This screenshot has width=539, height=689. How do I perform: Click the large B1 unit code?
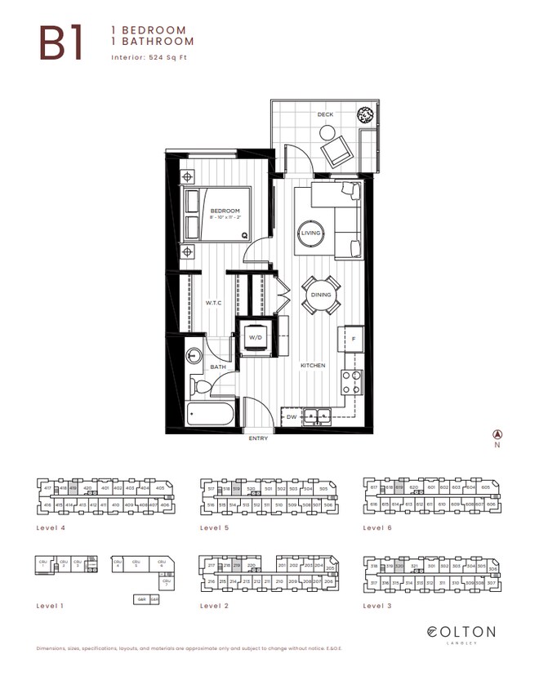61,44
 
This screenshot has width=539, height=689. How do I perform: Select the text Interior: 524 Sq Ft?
154,57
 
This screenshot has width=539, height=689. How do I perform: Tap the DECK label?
326,115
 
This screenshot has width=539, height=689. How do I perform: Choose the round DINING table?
320,295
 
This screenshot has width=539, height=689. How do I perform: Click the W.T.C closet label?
214,302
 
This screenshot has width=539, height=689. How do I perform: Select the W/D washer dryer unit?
255,336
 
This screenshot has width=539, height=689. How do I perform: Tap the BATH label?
218,367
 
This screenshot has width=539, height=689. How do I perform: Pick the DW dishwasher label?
292,417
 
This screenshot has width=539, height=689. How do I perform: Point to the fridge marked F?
353,338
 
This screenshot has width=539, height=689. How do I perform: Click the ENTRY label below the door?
258,439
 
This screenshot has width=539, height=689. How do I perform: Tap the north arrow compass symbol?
495,435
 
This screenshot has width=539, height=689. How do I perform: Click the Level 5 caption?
214,528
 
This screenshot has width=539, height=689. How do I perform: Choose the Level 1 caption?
51,606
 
